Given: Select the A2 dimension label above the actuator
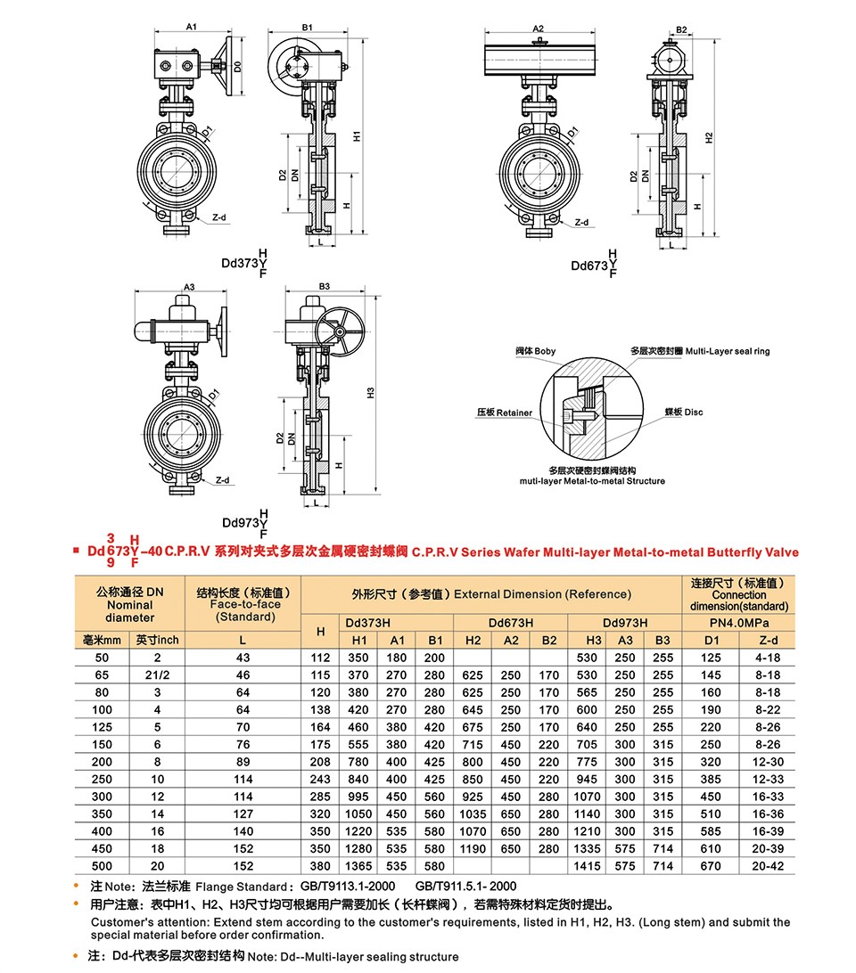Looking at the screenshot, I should (x=538, y=29).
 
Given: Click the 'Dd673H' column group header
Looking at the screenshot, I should (x=511, y=622).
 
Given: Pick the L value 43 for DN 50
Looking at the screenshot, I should (x=243, y=658).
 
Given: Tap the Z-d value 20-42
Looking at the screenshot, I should (x=767, y=866).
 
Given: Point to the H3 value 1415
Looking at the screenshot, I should (x=587, y=866).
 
